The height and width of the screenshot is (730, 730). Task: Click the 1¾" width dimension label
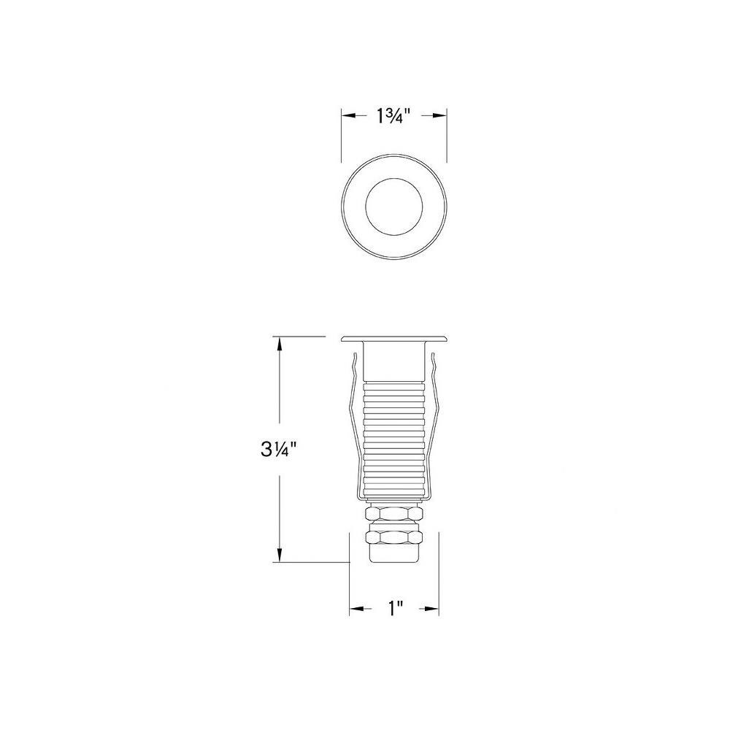(x=393, y=116)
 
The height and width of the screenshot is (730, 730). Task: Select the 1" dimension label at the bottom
(x=395, y=608)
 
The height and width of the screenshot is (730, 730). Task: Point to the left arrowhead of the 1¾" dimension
(x=349, y=116)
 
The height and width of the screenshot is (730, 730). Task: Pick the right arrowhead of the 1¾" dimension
(x=439, y=116)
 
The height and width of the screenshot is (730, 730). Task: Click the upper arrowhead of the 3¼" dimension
(x=280, y=344)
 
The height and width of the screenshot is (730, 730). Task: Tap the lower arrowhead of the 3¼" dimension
(x=280, y=555)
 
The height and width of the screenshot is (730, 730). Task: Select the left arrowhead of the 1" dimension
(x=357, y=609)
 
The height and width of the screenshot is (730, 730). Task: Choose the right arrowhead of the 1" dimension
(x=431, y=609)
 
